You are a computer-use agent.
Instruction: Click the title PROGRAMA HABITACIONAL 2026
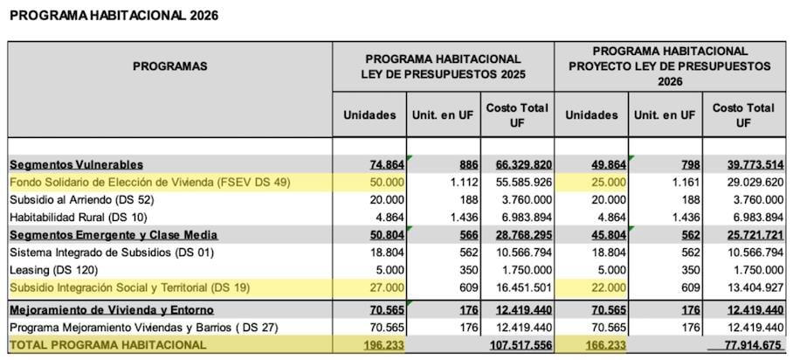tap(114, 16)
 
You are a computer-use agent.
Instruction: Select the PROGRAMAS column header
tap(169, 66)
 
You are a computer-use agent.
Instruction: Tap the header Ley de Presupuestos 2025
tap(443, 66)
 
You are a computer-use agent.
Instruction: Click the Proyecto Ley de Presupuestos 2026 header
tap(670, 66)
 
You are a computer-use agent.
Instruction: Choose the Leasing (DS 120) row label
tap(54, 270)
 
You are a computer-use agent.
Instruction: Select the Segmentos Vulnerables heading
tap(77, 164)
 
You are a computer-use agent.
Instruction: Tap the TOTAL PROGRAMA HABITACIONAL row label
tap(108, 345)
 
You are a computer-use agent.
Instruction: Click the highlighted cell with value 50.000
tap(383, 182)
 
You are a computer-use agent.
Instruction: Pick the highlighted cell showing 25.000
tap(605, 182)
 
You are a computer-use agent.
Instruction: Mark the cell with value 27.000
tap(383, 287)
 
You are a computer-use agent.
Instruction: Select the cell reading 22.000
tap(605, 287)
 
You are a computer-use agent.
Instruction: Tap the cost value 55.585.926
tap(517, 182)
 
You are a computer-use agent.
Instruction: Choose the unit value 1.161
tap(682, 182)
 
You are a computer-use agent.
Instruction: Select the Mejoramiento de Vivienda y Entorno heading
tap(112, 310)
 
